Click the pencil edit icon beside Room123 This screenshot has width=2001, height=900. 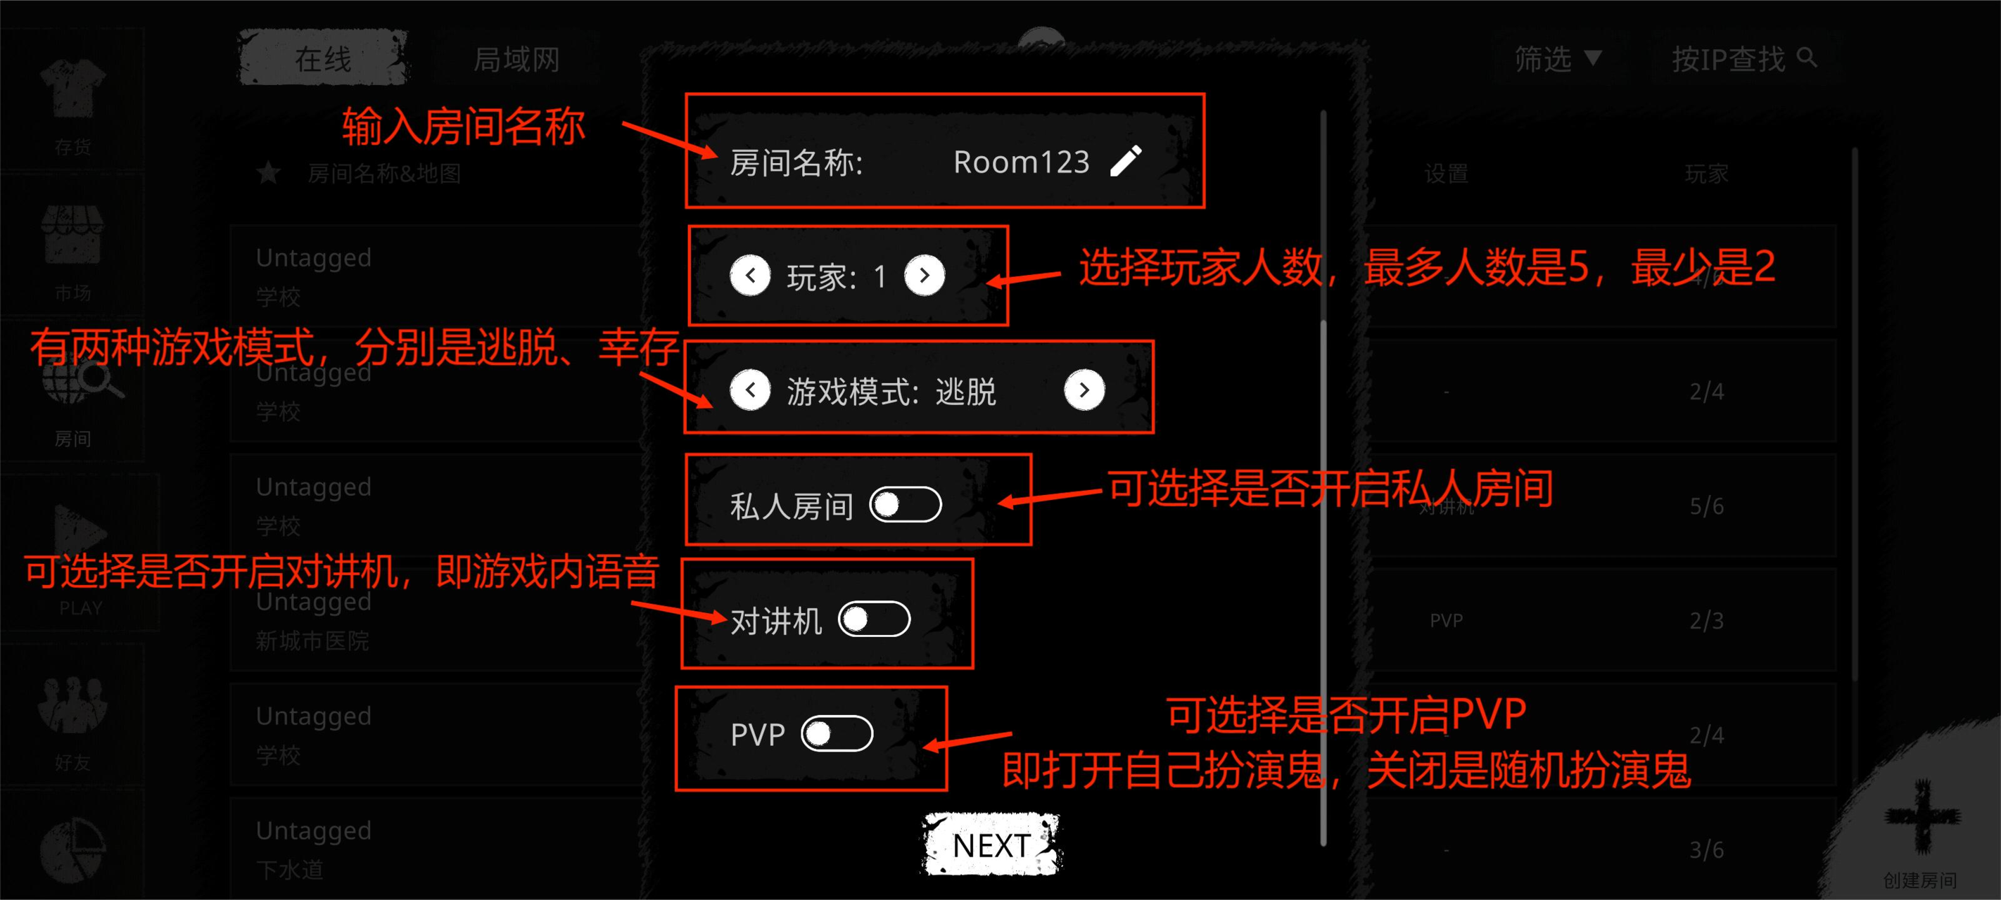tap(1126, 162)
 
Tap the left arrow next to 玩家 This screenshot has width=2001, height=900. tap(750, 275)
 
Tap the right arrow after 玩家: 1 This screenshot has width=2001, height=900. tap(925, 275)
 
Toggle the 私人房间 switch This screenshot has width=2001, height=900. tap(906, 505)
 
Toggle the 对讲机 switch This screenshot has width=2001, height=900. tap(874, 619)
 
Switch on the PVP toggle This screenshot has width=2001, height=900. tap(837, 734)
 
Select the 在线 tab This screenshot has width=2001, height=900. tap(323, 58)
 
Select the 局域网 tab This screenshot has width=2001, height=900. tap(516, 59)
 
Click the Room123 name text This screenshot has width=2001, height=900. tap(1021, 162)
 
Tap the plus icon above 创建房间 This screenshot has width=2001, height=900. tap(1921, 816)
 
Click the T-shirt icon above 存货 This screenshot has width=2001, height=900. tap(73, 89)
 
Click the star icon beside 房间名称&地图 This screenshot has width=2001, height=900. tap(269, 173)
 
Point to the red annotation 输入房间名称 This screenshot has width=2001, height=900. tap(463, 127)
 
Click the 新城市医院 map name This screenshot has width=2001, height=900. tap(312, 641)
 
